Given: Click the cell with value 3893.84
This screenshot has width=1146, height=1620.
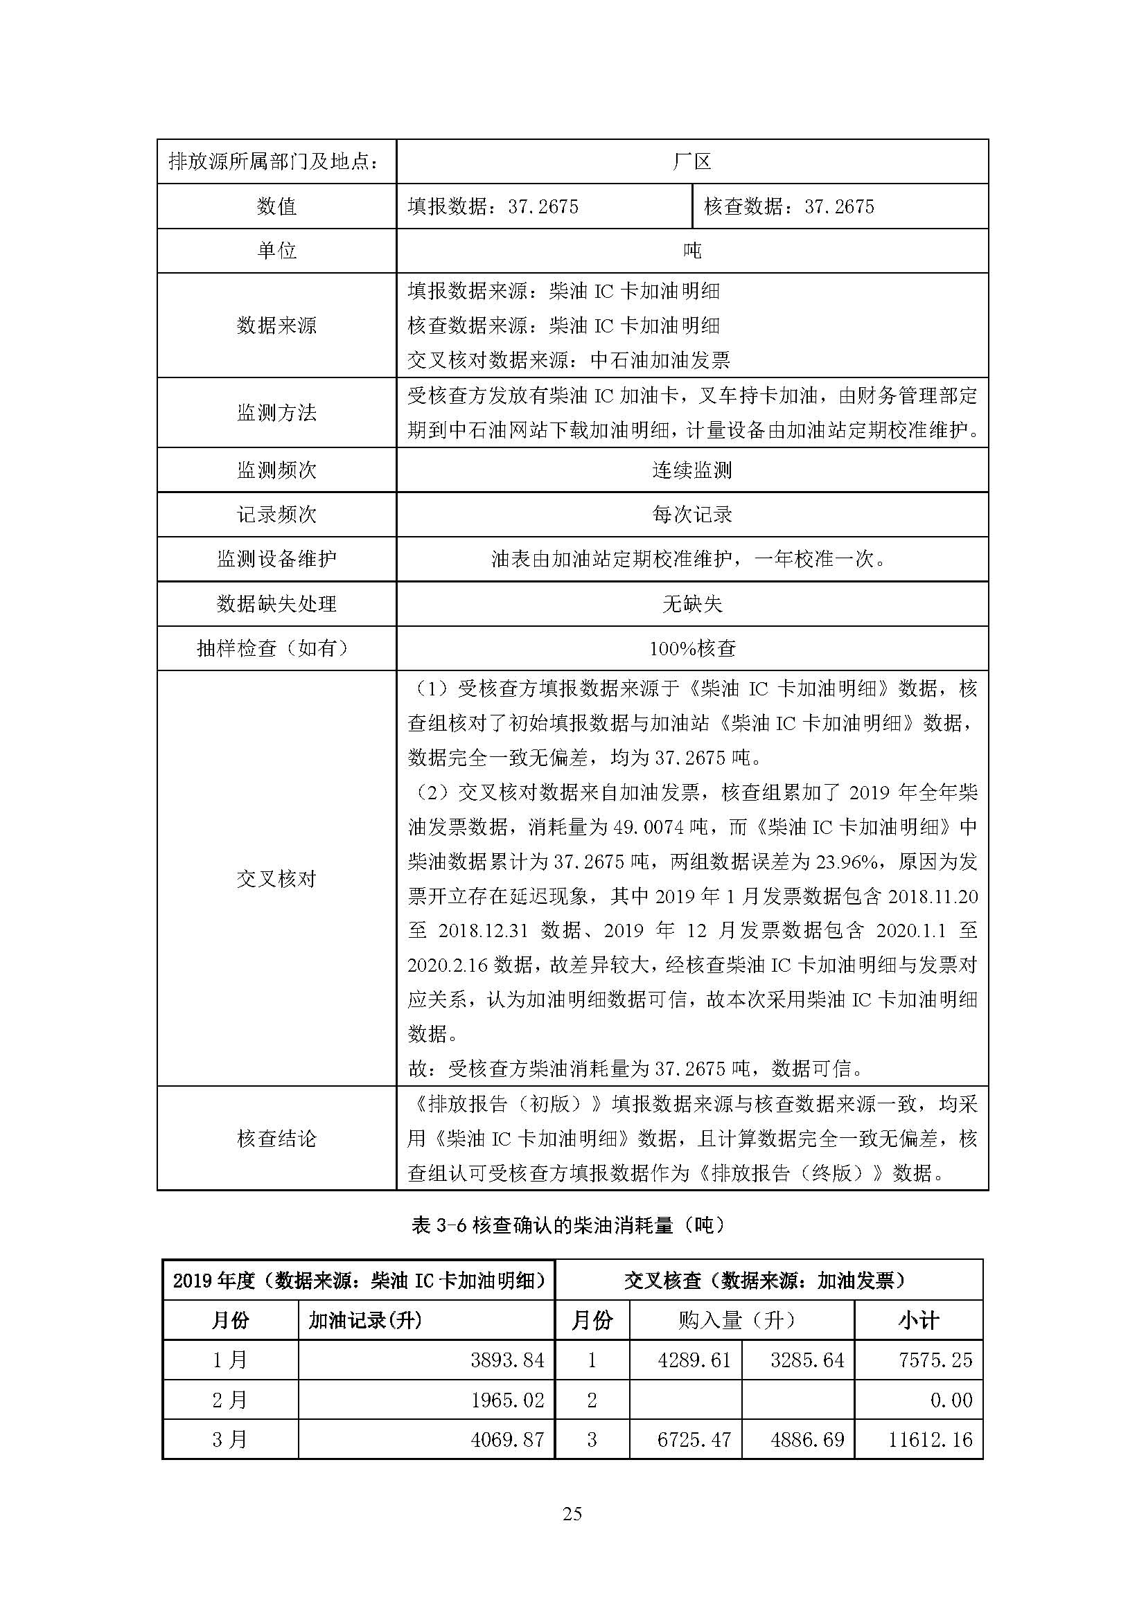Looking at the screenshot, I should click(507, 1360).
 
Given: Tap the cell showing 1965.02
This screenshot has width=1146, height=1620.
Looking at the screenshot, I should click(507, 1399).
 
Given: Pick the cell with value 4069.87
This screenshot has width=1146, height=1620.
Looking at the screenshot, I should click(507, 1439).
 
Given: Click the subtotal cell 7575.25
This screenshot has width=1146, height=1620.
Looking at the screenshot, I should click(935, 1360).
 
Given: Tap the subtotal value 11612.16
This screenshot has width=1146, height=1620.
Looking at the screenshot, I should click(929, 1439).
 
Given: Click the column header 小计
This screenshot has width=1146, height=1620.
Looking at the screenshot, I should click(918, 1320).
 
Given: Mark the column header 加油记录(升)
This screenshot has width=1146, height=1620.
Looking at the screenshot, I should click(365, 1320).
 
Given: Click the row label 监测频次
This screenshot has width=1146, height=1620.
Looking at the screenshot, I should click(276, 470).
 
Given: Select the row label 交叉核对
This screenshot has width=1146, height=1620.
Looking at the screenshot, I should click(276, 878).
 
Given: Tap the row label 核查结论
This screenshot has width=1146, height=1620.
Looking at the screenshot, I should click(276, 1138).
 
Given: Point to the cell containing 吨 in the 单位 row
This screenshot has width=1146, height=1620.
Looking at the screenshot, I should click(691, 251).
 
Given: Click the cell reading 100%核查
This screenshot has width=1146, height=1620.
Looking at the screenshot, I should click(691, 648).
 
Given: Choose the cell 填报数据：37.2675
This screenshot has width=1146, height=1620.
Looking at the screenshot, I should click(493, 206).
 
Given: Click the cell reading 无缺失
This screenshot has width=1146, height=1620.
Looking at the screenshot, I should click(691, 603).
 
